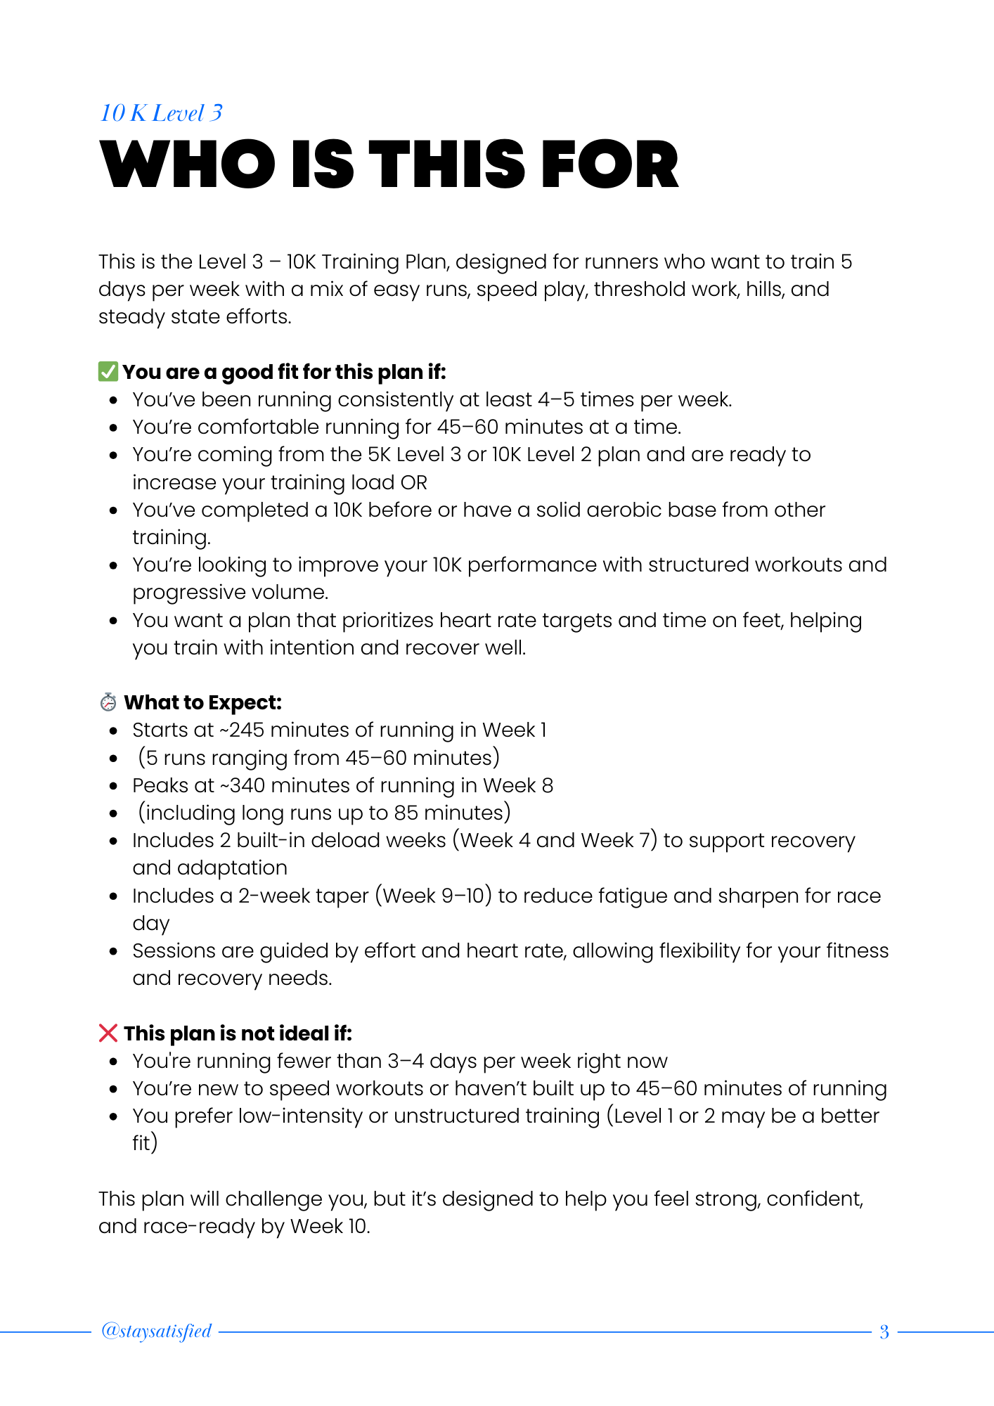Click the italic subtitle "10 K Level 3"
(161, 113)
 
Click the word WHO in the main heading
(188, 165)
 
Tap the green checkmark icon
(108, 371)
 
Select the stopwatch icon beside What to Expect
(108, 702)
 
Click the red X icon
(108, 1033)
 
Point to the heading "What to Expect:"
(202, 702)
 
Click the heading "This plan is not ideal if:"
(238, 1033)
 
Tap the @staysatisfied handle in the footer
(156, 1331)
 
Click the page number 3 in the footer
(884, 1331)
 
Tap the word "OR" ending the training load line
(414, 482)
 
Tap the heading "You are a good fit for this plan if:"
(284, 372)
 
